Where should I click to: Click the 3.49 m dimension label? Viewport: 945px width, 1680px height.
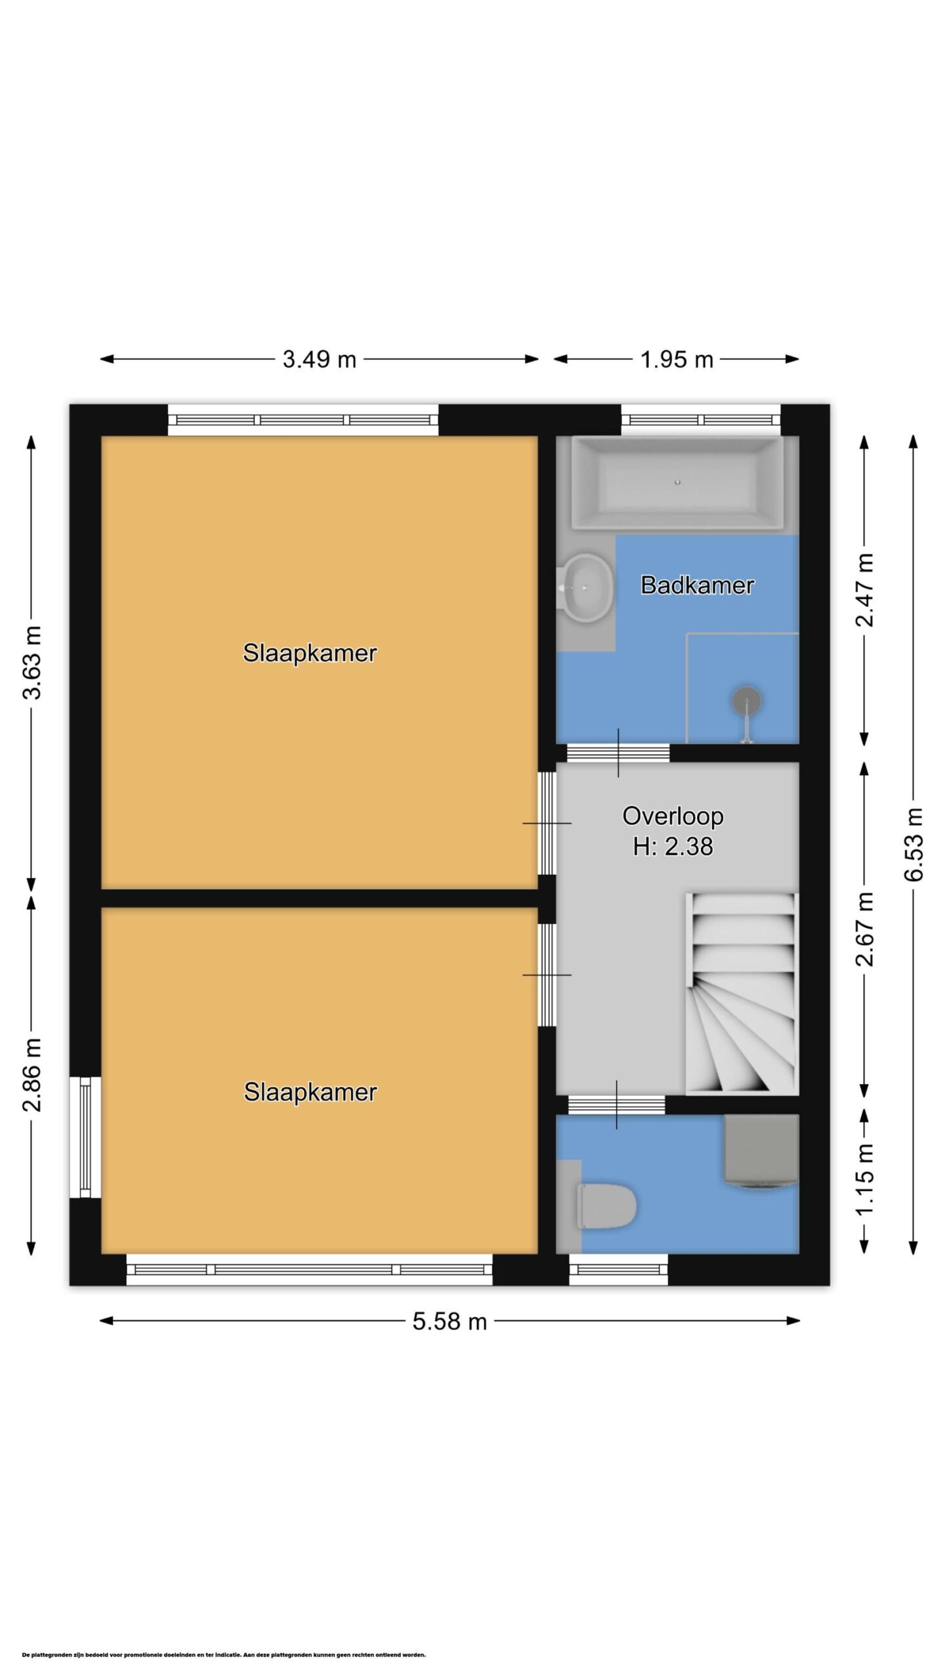pyautogui.click(x=319, y=360)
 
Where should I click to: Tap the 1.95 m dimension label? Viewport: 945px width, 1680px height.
pyautogui.click(x=677, y=360)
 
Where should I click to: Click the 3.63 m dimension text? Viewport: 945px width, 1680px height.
pyautogui.click(x=32, y=662)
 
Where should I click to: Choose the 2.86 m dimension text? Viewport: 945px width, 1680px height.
pyautogui.click(x=32, y=1075)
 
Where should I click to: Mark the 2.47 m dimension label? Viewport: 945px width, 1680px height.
pyautogui.click(x=866, y=590)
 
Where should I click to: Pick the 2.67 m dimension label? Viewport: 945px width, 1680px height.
pyautogui.click(x=866, y=929)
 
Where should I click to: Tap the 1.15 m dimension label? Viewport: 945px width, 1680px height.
pyautogui.click(x=866, y=1179)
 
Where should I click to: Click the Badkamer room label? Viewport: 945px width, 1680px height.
pyautogui.click(x=697, y=585)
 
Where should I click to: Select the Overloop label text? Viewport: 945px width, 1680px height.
pyautogui.click(x=673, y=816)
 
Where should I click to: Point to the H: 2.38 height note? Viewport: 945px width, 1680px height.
pyautogui.click(x=673, y=847)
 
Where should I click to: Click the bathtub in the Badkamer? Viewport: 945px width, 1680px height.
pyautogui.click(x=678, y=483)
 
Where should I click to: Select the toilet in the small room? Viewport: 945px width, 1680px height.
pyautogui.click(x=604, y=1206)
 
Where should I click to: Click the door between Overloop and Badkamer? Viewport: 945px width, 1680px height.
pyautogui.click(x=618, y=753)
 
